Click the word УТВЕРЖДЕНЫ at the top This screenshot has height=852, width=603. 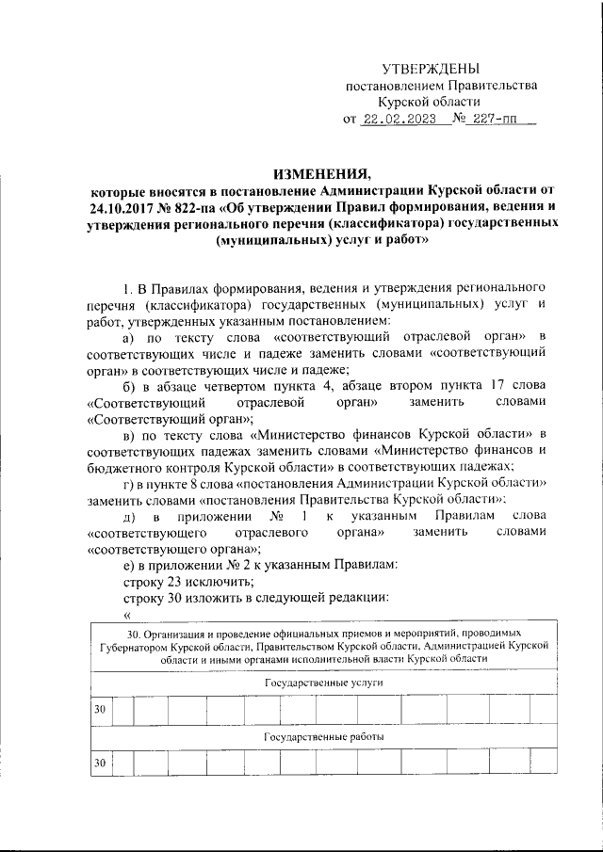pos(430,69)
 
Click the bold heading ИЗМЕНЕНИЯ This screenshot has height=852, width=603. pos(322,173)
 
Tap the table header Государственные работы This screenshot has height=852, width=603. pos(323,734)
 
